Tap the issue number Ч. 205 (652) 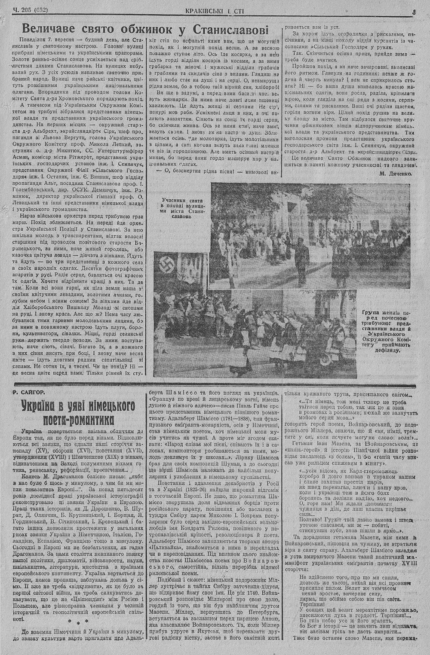pos(31,12)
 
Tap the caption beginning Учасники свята pos(181,208)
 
